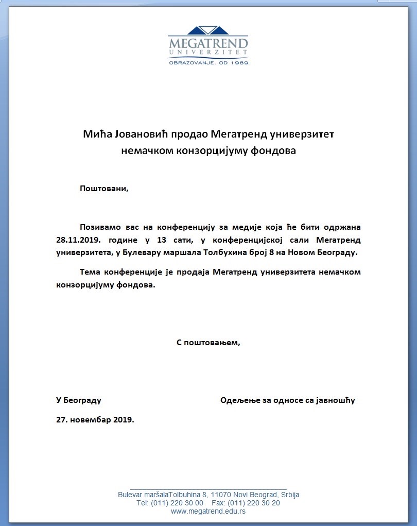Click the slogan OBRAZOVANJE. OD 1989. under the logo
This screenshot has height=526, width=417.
pyautogui.click(x=208, y=62)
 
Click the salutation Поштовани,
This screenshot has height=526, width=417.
pyautogui.click(x=103, y=189)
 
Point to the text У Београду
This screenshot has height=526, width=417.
pyautogui.click(x=78, y=400)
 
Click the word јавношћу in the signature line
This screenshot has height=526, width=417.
pyautogui.click(x=335, y=400)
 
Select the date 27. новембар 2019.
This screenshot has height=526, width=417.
pyautogui.click(x=95, y=419)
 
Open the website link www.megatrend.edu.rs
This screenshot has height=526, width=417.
pyautogui.click(x=208, y=511)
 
